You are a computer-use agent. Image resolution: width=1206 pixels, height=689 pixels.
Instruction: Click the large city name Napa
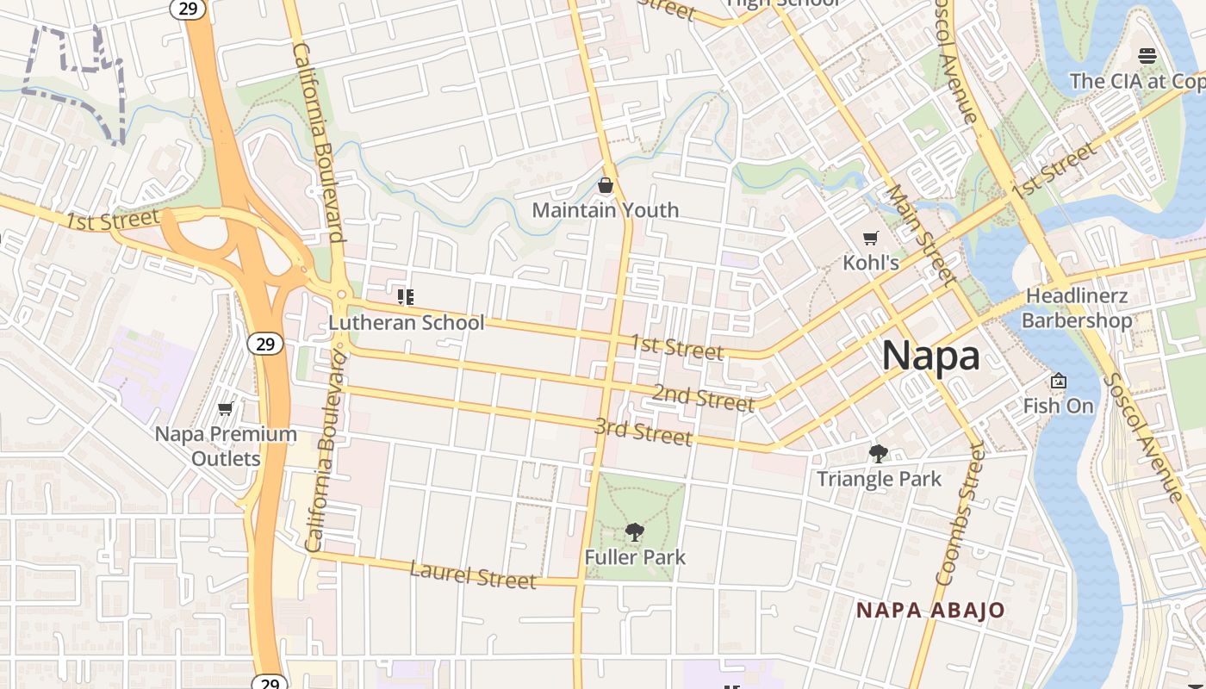click(x=930, y=356)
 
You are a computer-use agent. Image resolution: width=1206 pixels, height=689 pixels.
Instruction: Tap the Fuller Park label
click(x=635, y=557)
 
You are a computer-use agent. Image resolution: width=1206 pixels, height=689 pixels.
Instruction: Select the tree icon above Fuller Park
click(x=635, y=532)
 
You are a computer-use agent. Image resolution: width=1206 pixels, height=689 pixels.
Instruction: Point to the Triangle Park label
click(x=879, y=479)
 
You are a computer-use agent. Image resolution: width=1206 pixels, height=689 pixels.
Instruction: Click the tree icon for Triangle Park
click(x=879, y=453)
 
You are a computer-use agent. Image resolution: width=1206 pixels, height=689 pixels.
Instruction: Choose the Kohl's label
click(x=871, y=263)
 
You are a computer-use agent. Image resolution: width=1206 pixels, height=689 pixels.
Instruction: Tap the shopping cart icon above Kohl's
click(x=871, y=238)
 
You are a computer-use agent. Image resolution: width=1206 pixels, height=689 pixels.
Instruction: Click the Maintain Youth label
click(x=606, y=210)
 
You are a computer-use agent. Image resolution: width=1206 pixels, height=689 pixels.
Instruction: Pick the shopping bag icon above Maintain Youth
click(x=606, y=185)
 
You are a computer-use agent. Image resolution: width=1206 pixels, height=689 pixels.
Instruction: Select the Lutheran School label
click(x=407, y=323)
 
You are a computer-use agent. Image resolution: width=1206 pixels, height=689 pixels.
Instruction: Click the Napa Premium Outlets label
click(x=226, y=445)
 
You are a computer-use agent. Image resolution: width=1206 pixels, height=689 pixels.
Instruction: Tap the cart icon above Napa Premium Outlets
click(x=226, y=408)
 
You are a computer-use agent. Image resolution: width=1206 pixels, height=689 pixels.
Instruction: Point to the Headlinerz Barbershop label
click(x=1077, y=308)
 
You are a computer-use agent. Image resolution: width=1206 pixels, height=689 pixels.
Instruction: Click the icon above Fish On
click(x=1059, y=381)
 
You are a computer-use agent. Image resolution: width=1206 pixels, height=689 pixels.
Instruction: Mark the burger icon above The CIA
click(x=1147, y=56)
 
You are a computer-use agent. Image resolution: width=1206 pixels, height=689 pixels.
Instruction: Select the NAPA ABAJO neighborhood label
click(x=930, y=611)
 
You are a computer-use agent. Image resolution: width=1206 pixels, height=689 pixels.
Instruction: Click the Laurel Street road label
click(x=473, y=574)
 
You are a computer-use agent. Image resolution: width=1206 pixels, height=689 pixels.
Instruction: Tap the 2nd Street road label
click(x=703, y=398)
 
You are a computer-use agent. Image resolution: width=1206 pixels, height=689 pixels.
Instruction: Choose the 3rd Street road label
click(x=643, y=431)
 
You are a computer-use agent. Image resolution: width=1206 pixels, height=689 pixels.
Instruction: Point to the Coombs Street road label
click(x=960, y=514)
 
